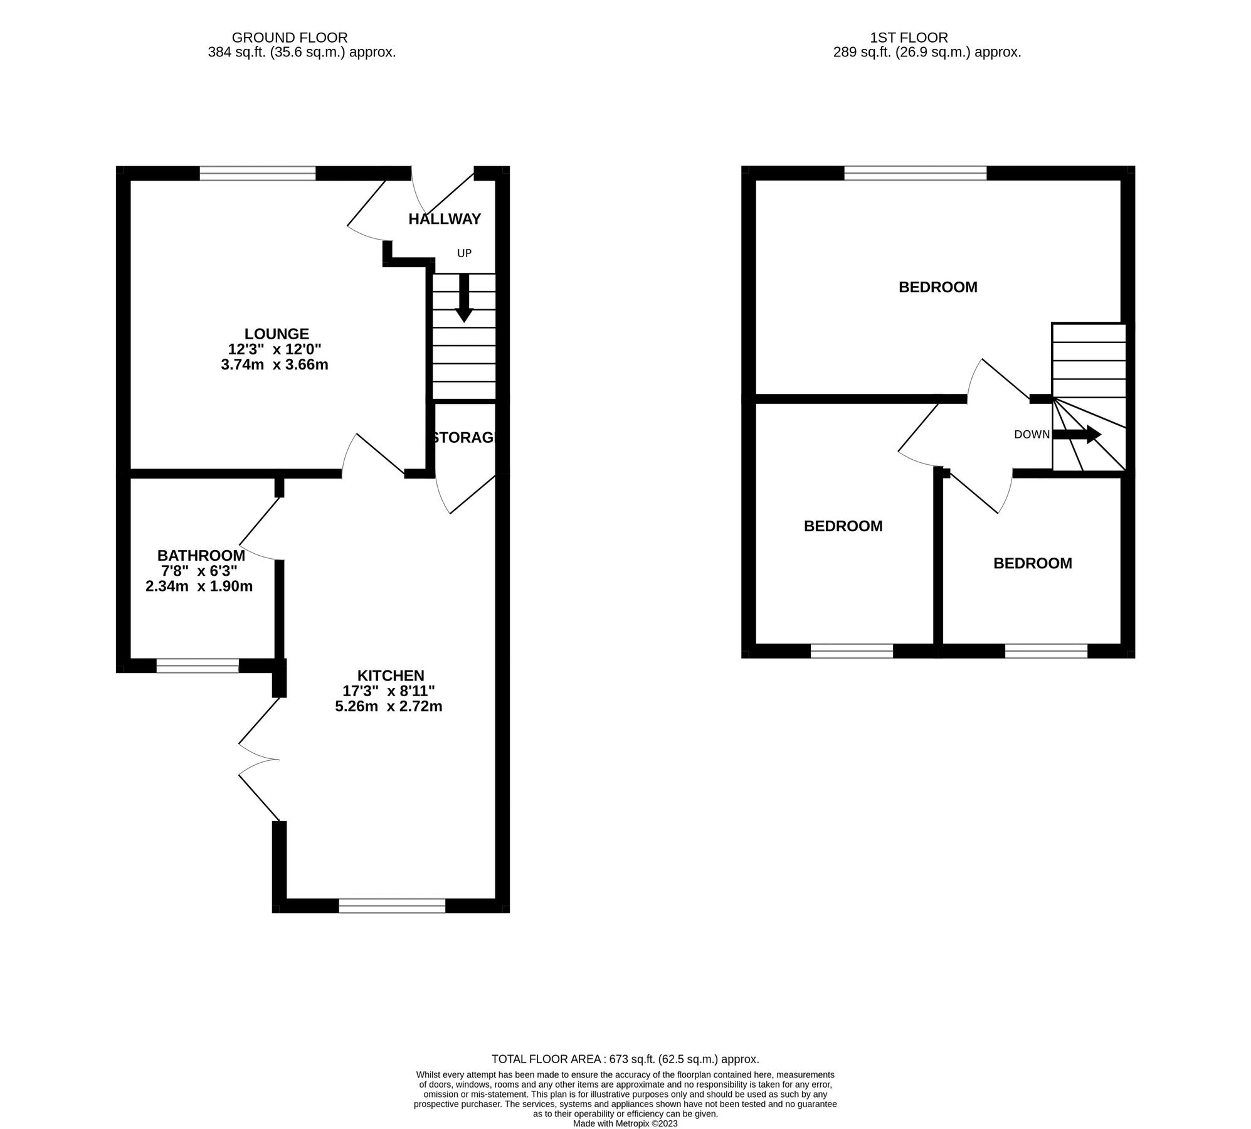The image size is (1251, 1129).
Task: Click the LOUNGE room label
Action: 277,334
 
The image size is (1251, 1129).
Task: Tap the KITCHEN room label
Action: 391,676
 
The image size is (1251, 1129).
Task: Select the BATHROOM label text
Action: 201,556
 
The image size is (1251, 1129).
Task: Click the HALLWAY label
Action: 445,219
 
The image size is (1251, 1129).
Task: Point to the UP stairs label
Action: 464,253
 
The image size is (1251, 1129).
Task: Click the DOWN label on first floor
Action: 1032,435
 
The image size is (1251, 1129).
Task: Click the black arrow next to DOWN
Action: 1076,434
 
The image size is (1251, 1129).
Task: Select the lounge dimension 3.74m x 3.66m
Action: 275,364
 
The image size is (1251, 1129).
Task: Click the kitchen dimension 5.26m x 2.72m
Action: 389,706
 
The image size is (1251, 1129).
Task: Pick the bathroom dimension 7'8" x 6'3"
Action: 199,571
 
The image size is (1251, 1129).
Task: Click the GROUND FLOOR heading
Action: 290,38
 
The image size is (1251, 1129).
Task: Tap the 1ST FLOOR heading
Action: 909,38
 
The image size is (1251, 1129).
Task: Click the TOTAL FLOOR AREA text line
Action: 625,1059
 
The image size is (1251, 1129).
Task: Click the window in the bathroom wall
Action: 198,666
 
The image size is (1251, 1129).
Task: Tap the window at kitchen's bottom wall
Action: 392,906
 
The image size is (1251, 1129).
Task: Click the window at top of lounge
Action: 258,173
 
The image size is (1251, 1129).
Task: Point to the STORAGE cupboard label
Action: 465,438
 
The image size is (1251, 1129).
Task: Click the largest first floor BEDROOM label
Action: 937,287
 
